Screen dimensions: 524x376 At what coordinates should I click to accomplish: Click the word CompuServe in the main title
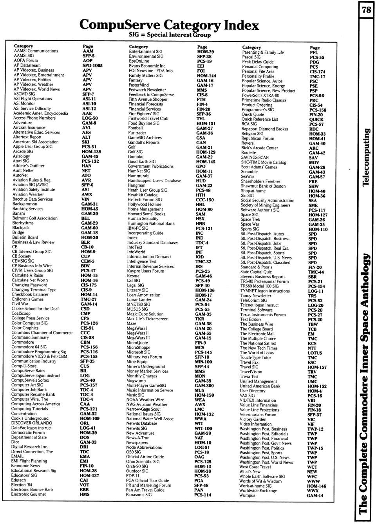point(120,25)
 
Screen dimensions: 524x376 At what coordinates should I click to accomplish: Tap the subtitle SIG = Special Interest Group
point(170,35)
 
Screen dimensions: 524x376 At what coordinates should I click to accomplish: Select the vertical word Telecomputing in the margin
point(367,157)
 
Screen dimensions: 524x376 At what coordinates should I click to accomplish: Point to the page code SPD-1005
point(92,65)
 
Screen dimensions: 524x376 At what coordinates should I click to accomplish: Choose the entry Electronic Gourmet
point(28,495)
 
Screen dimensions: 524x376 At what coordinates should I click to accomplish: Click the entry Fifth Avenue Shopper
point(148,100)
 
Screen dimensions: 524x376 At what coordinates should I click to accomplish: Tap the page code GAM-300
point(204,386)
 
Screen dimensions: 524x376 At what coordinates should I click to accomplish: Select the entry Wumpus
point(247,495)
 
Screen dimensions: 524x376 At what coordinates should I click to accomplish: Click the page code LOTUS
point(315,353)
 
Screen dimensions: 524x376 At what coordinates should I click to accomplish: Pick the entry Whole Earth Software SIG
point(262,477)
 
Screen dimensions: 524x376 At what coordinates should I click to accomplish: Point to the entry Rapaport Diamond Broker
point(265,129)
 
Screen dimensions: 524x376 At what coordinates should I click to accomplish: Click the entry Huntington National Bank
point(151,223)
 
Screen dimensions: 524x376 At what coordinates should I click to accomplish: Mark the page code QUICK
point(316,120)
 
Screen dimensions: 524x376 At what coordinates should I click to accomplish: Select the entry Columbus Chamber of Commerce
point(42,333)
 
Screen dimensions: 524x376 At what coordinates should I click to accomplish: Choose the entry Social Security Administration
point(268,200)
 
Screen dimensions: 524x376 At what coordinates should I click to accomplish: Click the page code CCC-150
point(205,199)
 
